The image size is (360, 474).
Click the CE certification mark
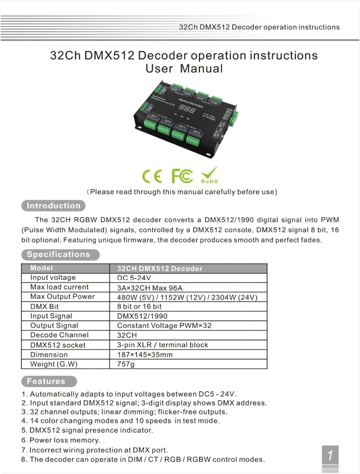pyautogui.click(x=152, y=176)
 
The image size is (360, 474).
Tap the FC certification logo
pyautogui.click(x=182, y=176)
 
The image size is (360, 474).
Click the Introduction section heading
pyautogui.click(x=53, y=206)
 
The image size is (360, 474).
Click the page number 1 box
pyautogui.click(x=330, y=455)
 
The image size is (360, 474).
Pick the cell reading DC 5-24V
pyautogui.click(x=134, y=278)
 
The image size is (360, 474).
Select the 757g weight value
pyautogui.click(x=126, y=364)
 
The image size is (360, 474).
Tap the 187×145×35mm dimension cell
pyautogui.click(x=145, y=355)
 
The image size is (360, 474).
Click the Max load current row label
pyautogui.click(x=60, y=287)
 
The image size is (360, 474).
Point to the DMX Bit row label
pyautogui.click(x=45, y=306)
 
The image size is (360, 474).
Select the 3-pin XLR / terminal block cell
pyautogui.click(x=163, y=345)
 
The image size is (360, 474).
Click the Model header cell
pyautogui.click(x=42, y=268)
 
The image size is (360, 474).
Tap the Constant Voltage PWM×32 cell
pyautogui.click(x=164, y=326)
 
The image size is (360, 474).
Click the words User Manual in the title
pyautogui.click(x=184, y=69)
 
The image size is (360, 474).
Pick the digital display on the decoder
pyautogui.click(x=187, y=109)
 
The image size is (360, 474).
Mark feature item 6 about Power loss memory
pyautogui.click(x=61, y=440)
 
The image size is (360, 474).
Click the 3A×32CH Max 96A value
pyautogui.click(x=150, y=288)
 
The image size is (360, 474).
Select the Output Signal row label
pyautogui.click(x=54, y=326)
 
